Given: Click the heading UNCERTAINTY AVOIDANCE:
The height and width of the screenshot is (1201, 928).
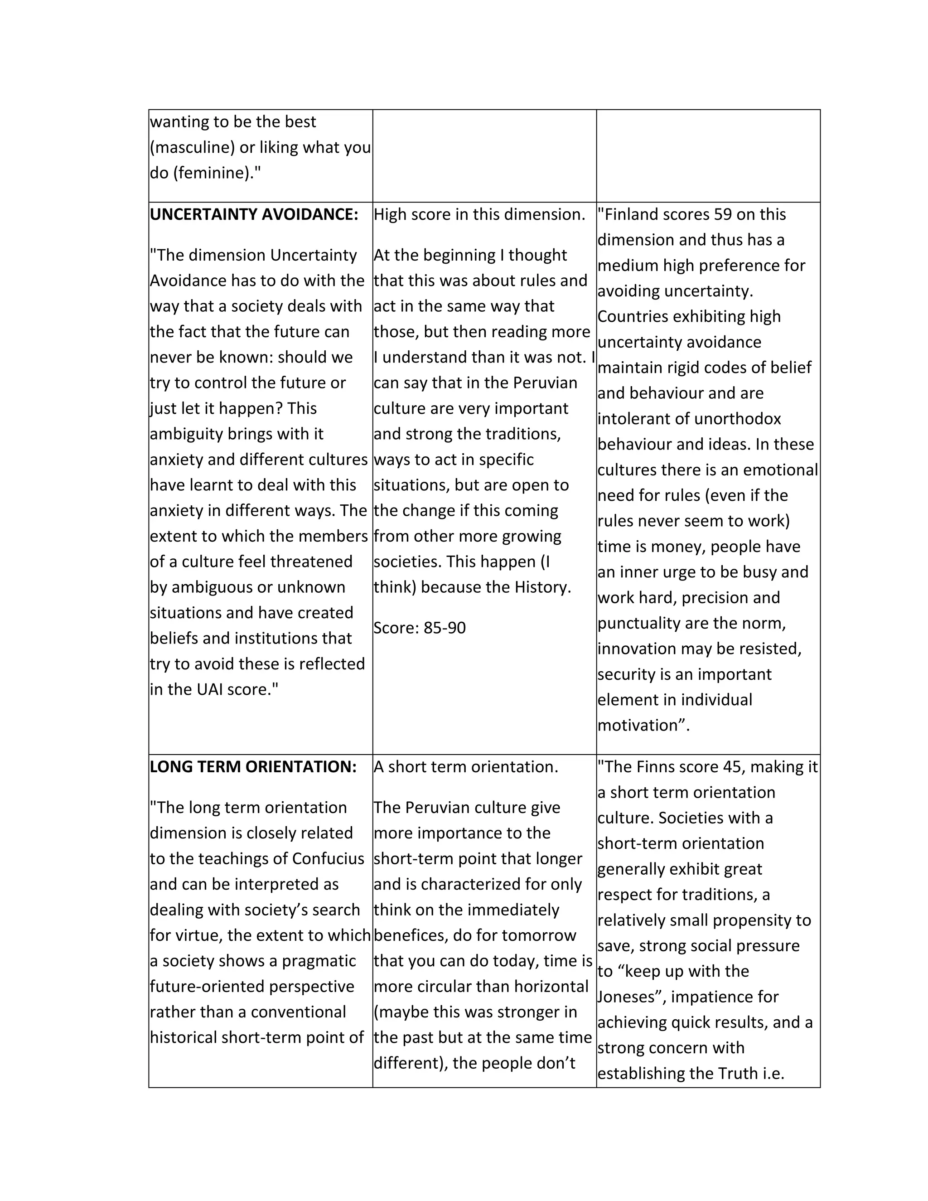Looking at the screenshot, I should (x=253, y=214).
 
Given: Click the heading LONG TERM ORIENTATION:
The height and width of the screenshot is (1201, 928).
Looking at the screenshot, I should (x=253, y=766).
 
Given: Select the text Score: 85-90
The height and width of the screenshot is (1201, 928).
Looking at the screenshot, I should (x=419, y=627).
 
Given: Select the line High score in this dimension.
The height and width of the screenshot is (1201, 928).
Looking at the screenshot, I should (x=479, y=214).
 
